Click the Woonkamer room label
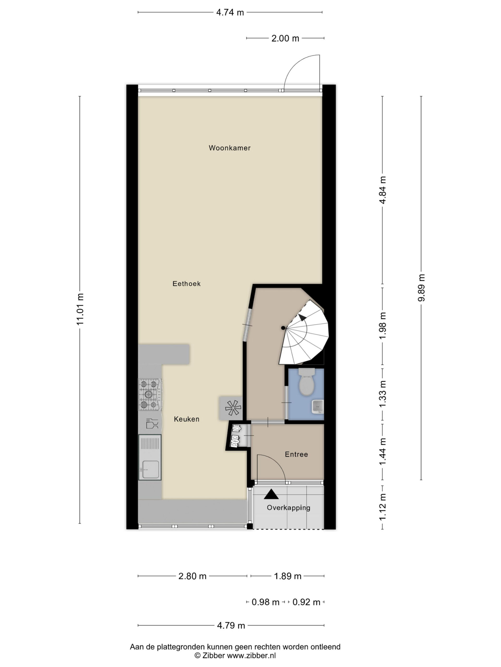[x=230, y=148]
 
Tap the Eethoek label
[x=186, y=283]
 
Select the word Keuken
[x=186, y=419]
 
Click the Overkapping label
[x=288, y=508]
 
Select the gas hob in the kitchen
[x=150, y=394]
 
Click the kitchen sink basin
[x=150, y=470]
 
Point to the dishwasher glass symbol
[x=152, y=423]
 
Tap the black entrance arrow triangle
[x=271, y=494]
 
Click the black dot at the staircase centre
[x=283, y=328]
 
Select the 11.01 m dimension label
[x=80, y=309]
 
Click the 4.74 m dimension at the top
[x=230, y=12]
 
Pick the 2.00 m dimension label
[x=285, y=38]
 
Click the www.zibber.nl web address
[x=251, y=655]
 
